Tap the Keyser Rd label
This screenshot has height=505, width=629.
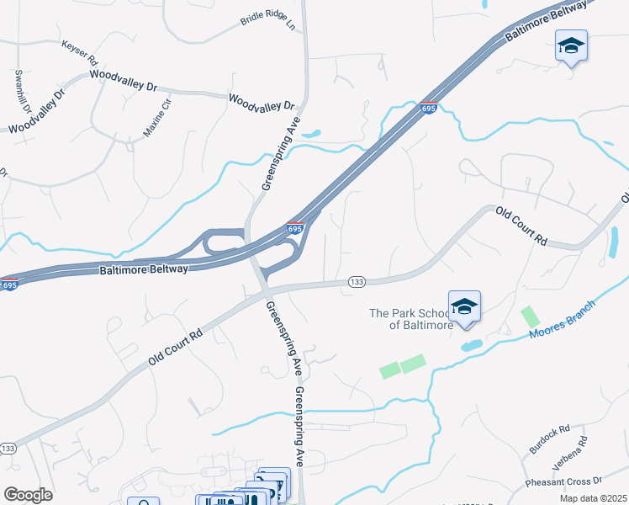(80, 51)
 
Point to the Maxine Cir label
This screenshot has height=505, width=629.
(155, 122)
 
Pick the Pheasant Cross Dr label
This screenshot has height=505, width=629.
(564, 481)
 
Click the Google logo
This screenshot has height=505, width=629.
(28, 495)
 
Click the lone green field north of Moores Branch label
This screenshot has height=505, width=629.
(530, 317)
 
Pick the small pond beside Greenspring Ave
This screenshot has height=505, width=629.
(310, 133)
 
